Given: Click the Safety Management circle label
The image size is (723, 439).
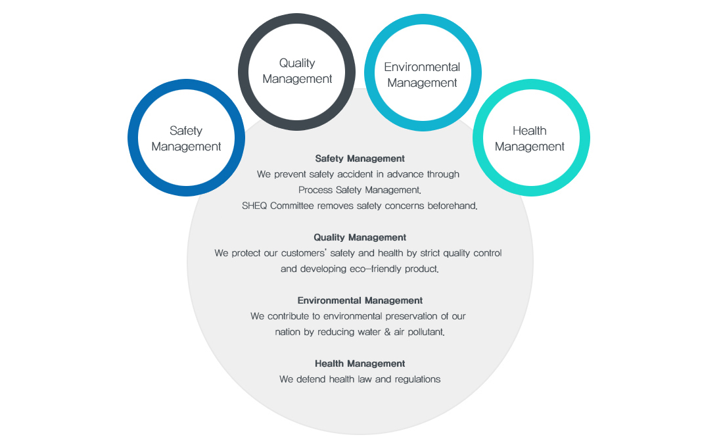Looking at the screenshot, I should pyautogui.click(x=186, y=139).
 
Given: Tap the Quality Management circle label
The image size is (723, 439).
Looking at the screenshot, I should pyautogui.click(x=297, y=71).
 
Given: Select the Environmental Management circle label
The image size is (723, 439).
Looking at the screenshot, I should pyautogui.click(x=422, y=75).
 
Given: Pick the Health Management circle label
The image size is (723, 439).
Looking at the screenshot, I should pyautogui.click(x=529, y=139).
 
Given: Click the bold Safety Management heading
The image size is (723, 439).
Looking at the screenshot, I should pyautogui.click(x=360, y=158).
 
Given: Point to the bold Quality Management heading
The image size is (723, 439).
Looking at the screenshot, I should pyautogui.click(x=360, y=237).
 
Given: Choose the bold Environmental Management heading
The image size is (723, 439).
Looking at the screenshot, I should pyautogui.click(x=360, y=300).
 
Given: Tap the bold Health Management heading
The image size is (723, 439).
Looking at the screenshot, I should pyautogui.click(x=360, y=363).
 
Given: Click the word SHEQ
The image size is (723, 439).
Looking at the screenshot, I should pyautogui.click(x=256, y=206).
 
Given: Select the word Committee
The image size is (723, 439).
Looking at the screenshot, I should pyautogui.click(x=294, y=206).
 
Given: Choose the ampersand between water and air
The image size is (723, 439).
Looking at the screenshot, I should pyautogui.click(x=387, y=332).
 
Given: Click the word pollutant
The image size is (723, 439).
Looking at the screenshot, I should pyautogui.click(x=424, y=332).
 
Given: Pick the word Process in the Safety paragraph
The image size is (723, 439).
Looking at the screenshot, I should pyautogui.click(x=315, y=190).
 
